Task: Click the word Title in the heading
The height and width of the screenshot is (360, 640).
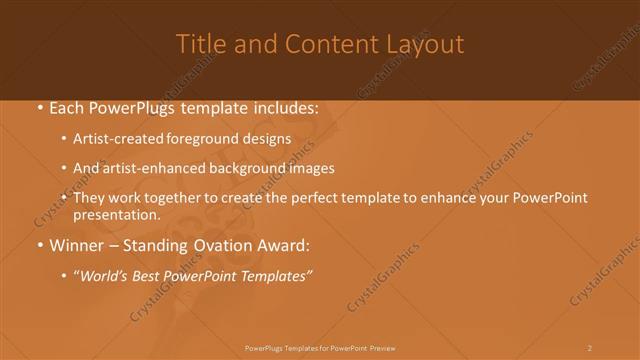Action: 199,44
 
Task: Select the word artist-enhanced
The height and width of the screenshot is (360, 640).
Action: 149,169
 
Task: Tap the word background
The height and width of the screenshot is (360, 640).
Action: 247,169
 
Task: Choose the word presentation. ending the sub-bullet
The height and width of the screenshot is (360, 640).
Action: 116,215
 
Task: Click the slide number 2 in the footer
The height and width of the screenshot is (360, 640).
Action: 590,347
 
